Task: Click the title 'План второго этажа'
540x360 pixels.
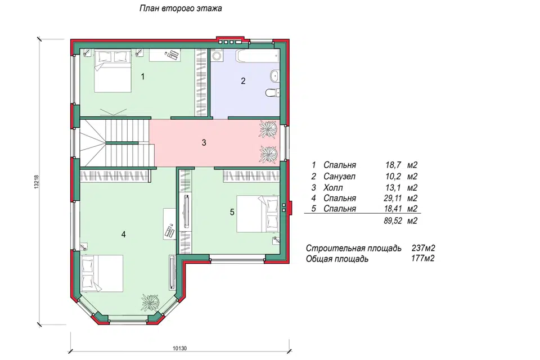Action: click(181, 8)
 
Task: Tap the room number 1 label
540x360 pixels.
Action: click(143, 76)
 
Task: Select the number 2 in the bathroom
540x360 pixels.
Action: click(243, 81)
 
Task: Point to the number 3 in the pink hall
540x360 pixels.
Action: click(204, 142)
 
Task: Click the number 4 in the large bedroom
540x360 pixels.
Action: click(123, 235)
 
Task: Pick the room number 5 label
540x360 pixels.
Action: click(232, 212)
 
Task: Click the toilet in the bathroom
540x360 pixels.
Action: click(272, 92)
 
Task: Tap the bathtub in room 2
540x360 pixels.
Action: click(258, 56)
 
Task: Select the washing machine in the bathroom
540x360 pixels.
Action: click(217, 56)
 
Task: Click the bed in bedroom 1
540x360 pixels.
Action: click(113, 71)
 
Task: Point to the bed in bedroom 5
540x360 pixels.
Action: click(257, 214)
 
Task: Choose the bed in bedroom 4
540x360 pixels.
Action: click(102, 273)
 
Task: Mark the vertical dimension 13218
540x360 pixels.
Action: click(37, 182)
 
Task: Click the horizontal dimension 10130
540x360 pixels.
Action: click(179, 348)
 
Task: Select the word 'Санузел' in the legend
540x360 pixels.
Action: click(340, 177)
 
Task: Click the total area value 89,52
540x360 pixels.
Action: click(393, 221)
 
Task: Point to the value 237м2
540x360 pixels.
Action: click(423, 248)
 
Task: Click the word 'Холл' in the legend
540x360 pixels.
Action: click(333, 188)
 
